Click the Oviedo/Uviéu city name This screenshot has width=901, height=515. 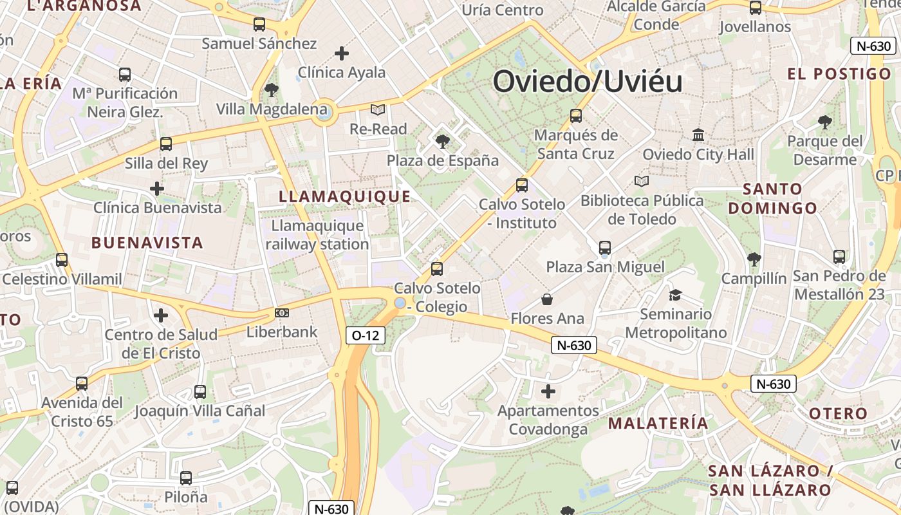pos(587,82)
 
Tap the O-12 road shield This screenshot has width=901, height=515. pos(365,335)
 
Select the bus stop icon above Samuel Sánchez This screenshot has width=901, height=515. pos(259,24)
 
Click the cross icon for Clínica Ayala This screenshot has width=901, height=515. pos(342,53)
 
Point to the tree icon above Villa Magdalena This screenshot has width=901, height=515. pos(272,89)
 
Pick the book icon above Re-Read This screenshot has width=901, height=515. pos(377,110)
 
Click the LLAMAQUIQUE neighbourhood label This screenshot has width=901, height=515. pos(344,197)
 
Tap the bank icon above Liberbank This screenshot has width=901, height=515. pos(282,313)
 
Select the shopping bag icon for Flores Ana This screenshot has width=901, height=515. pos(547,299)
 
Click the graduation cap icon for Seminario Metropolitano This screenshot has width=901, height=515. pos(675,295)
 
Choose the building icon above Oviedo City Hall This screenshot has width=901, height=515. pos(698,135)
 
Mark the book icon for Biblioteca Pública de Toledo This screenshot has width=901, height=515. pos(641,182)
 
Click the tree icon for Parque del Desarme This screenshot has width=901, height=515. pos(824,122)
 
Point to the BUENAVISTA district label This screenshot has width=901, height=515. pos(147,243)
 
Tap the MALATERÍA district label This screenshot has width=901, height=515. pos(658,423)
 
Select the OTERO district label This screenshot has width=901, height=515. pos(838,413)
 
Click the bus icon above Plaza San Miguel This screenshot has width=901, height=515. pos(604,247)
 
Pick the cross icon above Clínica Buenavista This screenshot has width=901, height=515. pos(157,189)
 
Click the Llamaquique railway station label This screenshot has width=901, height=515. pos(317,235)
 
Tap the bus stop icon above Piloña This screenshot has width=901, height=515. pos(186,478)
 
